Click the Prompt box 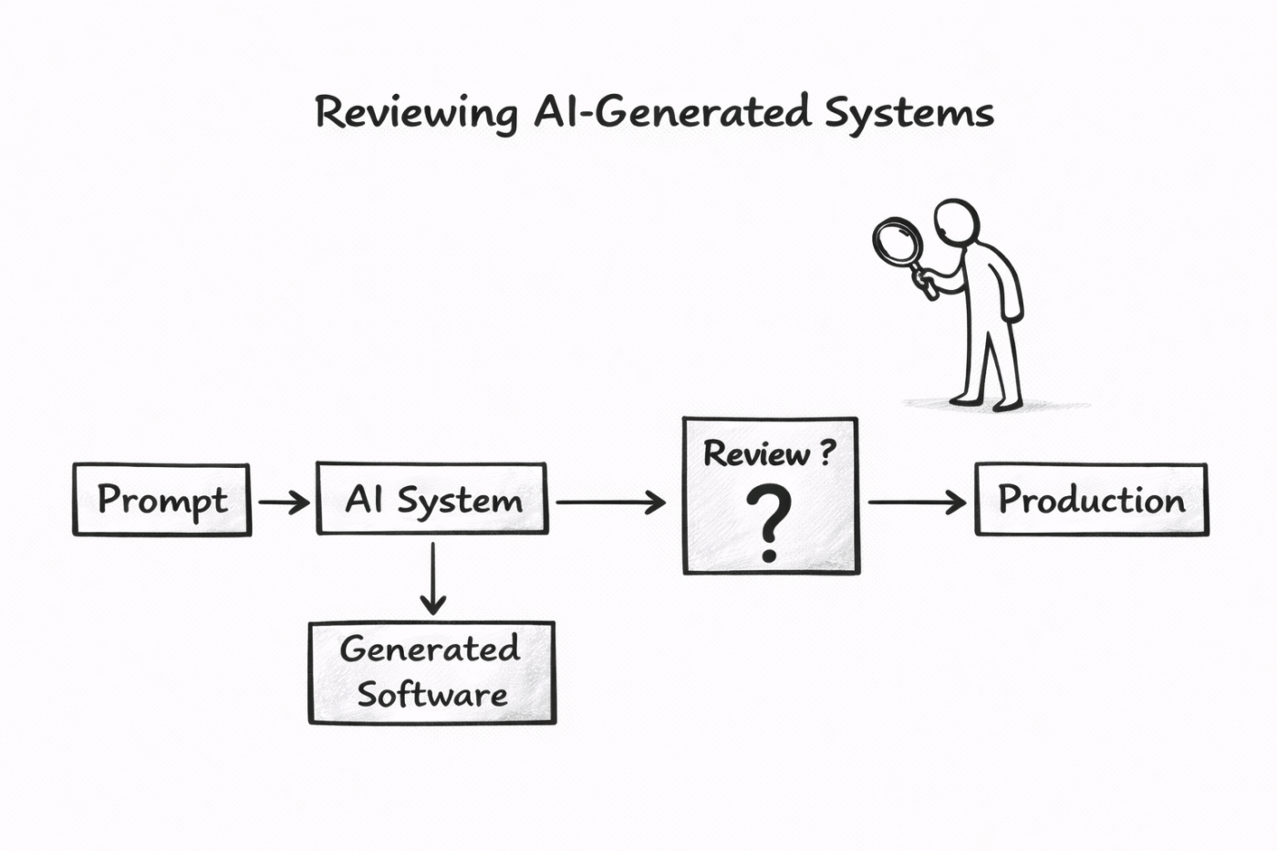tap(161, 500)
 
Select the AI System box tap(432, 499)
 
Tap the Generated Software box tap(431, 672)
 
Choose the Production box tap(1091, 500)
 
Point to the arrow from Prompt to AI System tap(284, 502)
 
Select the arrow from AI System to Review tap(610, 502)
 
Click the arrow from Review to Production tap(916, 502)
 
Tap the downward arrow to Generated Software tap(433, 578)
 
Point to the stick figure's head tap(957, 222)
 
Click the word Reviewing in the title tap(416, 114)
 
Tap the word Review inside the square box tap(756, 453)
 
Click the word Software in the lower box tap(431, 695)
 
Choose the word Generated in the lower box tap(430, 649)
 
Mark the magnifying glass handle tap(924, 284)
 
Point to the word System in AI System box tap(460, 501)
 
